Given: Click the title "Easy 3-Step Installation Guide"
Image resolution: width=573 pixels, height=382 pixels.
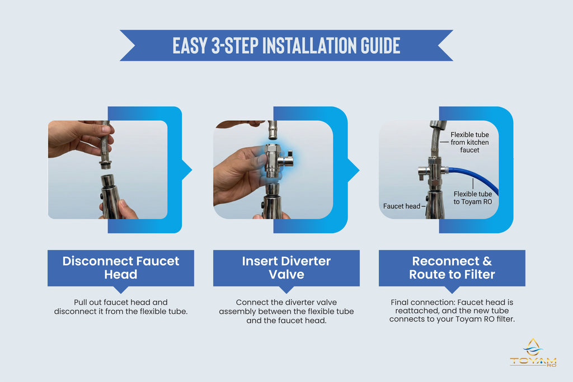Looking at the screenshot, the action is (286, 46).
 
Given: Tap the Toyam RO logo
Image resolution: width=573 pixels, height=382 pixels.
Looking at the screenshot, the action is (533, 352).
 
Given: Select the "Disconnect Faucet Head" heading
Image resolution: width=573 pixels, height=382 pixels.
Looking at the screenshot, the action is (121, 268).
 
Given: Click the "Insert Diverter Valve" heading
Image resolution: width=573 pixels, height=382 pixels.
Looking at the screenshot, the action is (286, 268).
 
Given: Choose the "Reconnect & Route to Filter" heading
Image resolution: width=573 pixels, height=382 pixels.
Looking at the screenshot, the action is (452, 268).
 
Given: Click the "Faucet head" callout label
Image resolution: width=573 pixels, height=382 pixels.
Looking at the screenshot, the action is (402, 206).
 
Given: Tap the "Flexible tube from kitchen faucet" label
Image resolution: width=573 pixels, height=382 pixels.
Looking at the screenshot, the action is (469, 143).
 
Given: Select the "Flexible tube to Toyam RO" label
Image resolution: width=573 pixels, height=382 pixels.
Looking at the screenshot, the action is (473, 198).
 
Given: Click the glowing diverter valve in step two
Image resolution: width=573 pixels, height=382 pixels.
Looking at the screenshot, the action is (275, 161).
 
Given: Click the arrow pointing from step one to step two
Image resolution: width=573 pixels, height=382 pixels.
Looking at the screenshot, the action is (187, 170).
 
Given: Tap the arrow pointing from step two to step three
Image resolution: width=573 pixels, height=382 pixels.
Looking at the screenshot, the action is (354, 170).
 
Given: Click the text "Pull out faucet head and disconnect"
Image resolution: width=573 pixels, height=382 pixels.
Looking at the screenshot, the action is (121, 306).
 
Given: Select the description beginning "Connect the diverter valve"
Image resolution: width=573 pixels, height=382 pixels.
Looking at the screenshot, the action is (286, 312).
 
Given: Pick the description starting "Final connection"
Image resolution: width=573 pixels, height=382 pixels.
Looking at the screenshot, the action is (452, 311).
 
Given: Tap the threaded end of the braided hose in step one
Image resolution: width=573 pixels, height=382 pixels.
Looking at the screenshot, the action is (106, 163).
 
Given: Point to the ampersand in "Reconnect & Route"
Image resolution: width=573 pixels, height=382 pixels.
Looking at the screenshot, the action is (487, 261).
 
